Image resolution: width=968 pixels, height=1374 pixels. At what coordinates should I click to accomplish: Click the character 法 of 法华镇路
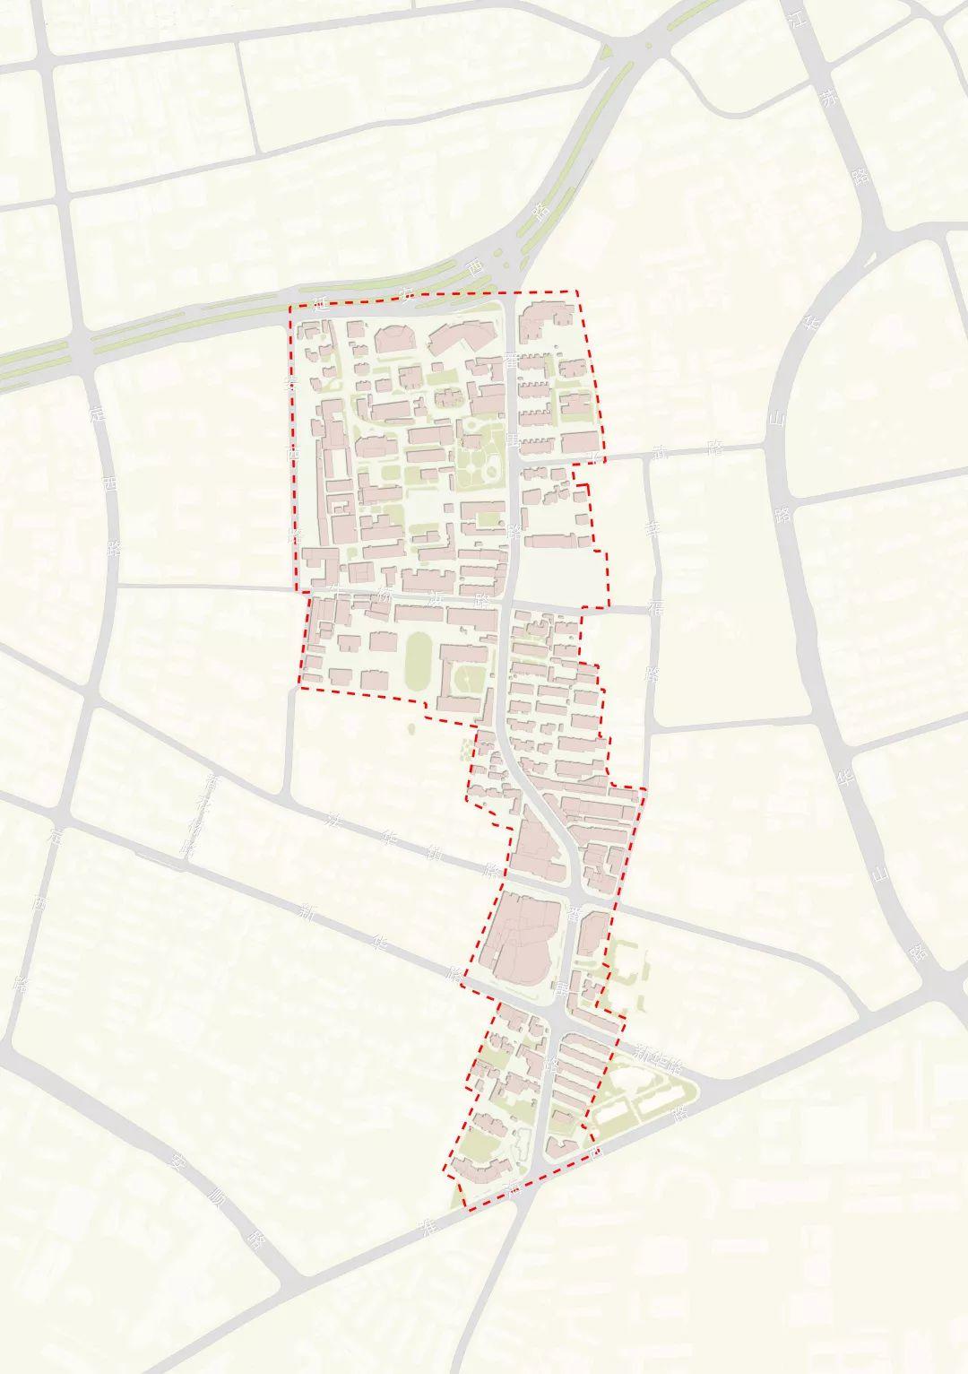336,819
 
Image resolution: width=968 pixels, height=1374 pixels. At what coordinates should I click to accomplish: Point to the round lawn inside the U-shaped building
468,674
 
